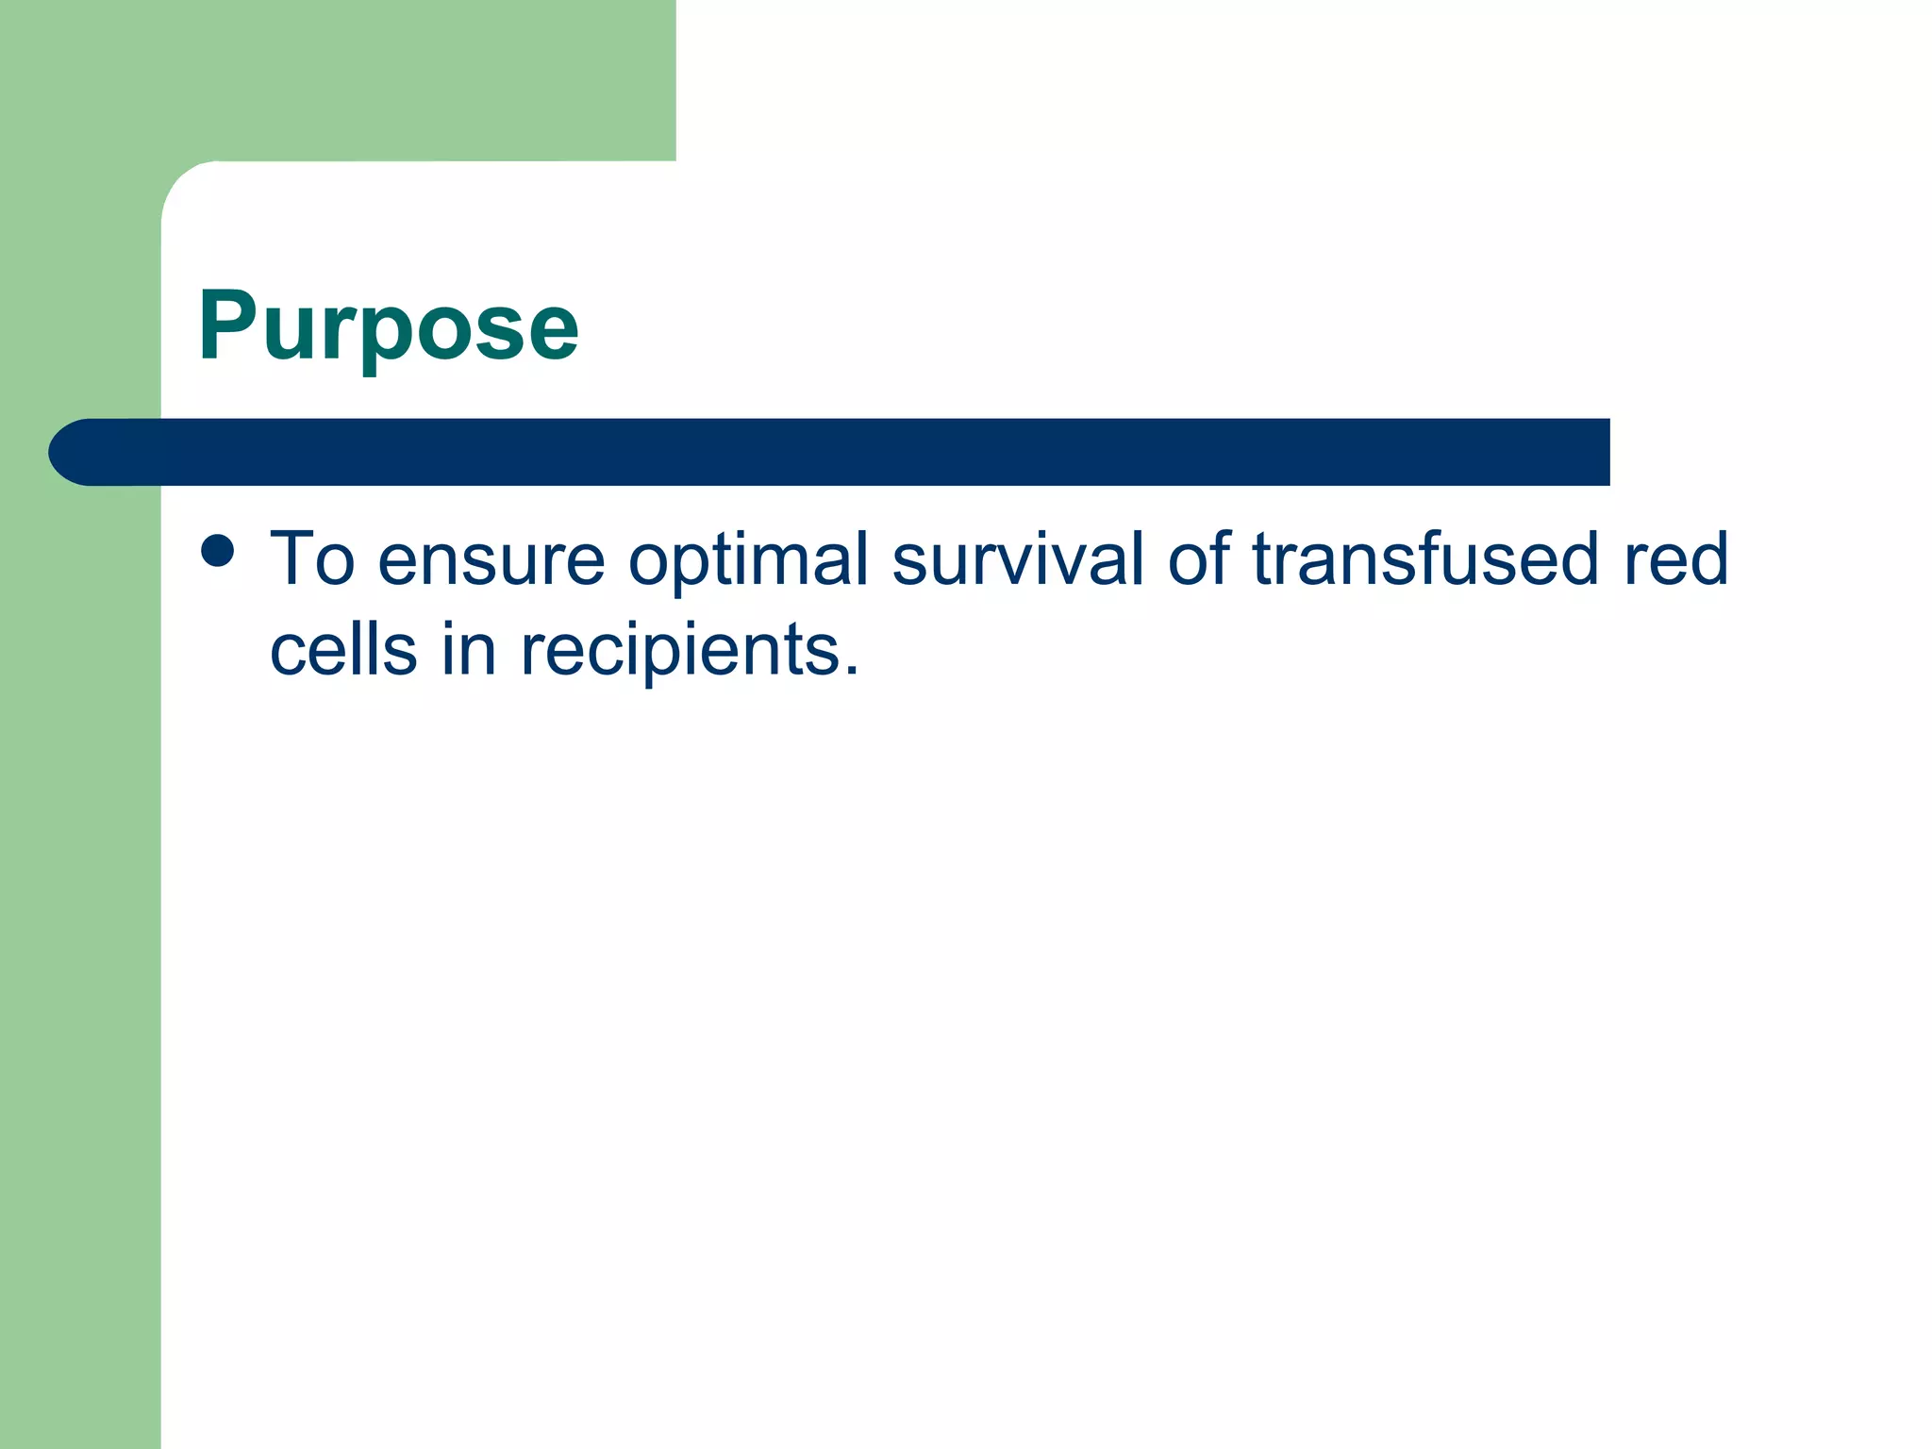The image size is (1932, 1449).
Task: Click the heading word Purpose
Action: point(388,325)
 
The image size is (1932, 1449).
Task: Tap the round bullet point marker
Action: point(218,551)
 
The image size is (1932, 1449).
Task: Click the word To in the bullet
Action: point(312,558)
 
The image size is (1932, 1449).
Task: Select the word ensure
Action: point(491,560)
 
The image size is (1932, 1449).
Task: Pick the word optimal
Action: point(747,560)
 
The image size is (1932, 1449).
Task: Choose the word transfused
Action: point(1424,558)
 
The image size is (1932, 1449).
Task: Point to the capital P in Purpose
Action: point(227,325)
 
